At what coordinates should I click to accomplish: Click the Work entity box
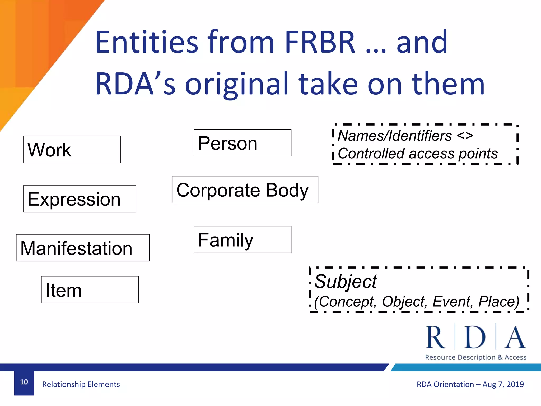pyautogui.click(x=72, y=150)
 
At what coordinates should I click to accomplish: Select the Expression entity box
pyautogui.click(x=80, y=199)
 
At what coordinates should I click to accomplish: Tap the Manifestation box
pyautogui.click(x=83, y=248)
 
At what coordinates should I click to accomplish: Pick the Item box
pyautogui.click(x=90, y=290)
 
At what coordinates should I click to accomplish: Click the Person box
pyautogui.click(x=242, y=143)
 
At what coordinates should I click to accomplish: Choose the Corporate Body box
pyautogui.click(x=245, y=190)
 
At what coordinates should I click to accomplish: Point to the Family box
pyautogui.click(x=242, y=239)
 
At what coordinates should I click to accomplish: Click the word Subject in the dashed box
pyautogui.click(x=346, y=282)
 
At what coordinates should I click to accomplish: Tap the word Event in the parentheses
pyautogui.click(x=451, y=302)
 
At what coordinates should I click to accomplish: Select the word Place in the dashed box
pyautogui.click(x=498, y=302)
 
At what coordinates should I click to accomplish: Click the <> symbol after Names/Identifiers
pyautogui.click(x=465, y=136)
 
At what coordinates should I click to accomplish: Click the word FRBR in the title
pyautogui.click(x=320, y=42)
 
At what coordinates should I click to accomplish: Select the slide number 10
pyautogui.click(x=24, y=382)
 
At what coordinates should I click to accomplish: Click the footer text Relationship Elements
pyautogui.click(x=81, y=384)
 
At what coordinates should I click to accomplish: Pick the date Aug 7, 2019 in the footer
pyautogui.click(x=503, y=384)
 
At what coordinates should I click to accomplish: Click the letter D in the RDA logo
pyautogui.click(x=475, y=338)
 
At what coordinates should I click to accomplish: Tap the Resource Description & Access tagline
pyautogui.click(x=475, y=357)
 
